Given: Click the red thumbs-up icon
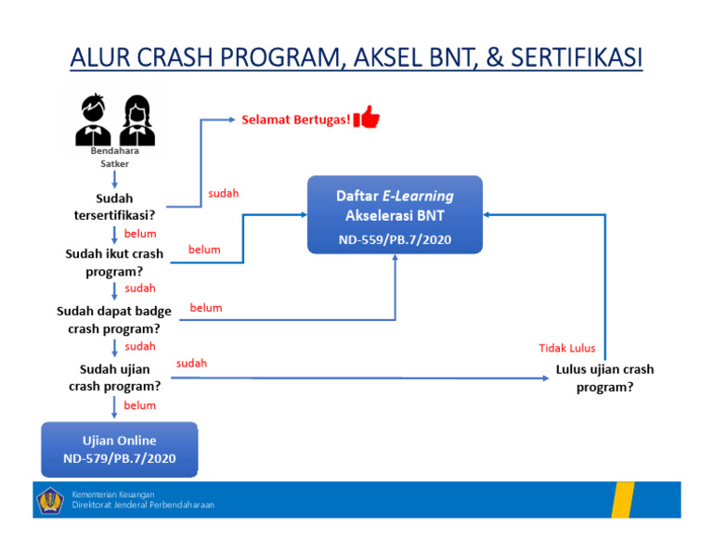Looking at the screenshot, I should coord(368,118).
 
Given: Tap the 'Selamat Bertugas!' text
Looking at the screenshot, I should coord(296,120).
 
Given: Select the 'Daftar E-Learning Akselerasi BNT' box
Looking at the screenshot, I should coord(395,215).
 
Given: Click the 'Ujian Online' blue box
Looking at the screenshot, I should coord(119,449).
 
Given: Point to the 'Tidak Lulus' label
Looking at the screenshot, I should coord(566,349).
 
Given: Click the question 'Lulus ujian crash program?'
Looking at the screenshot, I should coord(604,378).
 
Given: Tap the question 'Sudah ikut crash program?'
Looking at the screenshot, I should coord(114,263).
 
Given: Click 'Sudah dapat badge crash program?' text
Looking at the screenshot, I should coord(114,320).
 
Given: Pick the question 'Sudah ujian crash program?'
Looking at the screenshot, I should coord(114,378).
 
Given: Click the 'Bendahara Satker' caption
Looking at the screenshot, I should coord(115,156).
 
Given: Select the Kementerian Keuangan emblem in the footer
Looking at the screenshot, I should coord(50,501).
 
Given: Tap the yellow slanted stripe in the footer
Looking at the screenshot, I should coord(621,500).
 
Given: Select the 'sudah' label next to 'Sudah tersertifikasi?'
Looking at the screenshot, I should coord(223,194).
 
